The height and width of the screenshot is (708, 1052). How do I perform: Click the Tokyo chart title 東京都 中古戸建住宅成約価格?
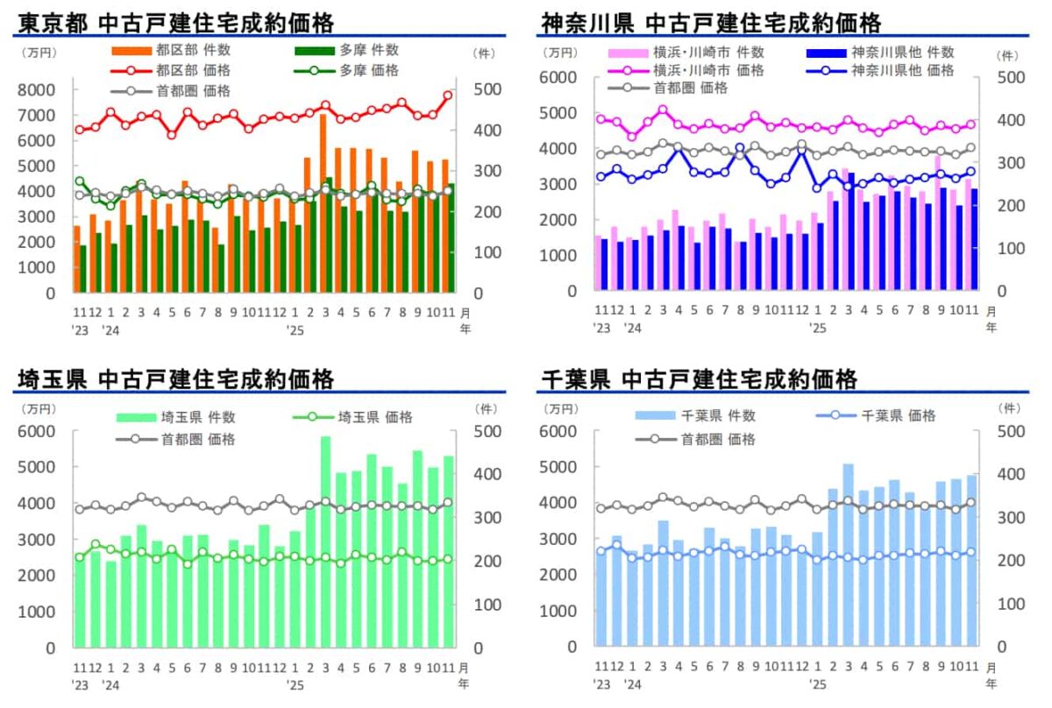[175, 22]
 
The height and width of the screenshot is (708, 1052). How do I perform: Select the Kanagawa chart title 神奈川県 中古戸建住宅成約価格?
[711, 22]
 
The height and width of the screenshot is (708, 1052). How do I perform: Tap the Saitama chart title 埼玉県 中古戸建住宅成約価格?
[175, 379]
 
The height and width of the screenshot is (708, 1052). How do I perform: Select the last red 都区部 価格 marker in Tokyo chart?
[447, 96]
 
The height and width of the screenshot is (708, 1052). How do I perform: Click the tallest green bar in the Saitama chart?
[325, 542]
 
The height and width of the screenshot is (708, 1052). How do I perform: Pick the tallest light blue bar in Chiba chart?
[848, 555]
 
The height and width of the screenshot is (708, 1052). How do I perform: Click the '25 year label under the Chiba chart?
[817, 682]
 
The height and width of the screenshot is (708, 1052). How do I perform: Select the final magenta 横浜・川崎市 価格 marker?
[970, 124]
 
